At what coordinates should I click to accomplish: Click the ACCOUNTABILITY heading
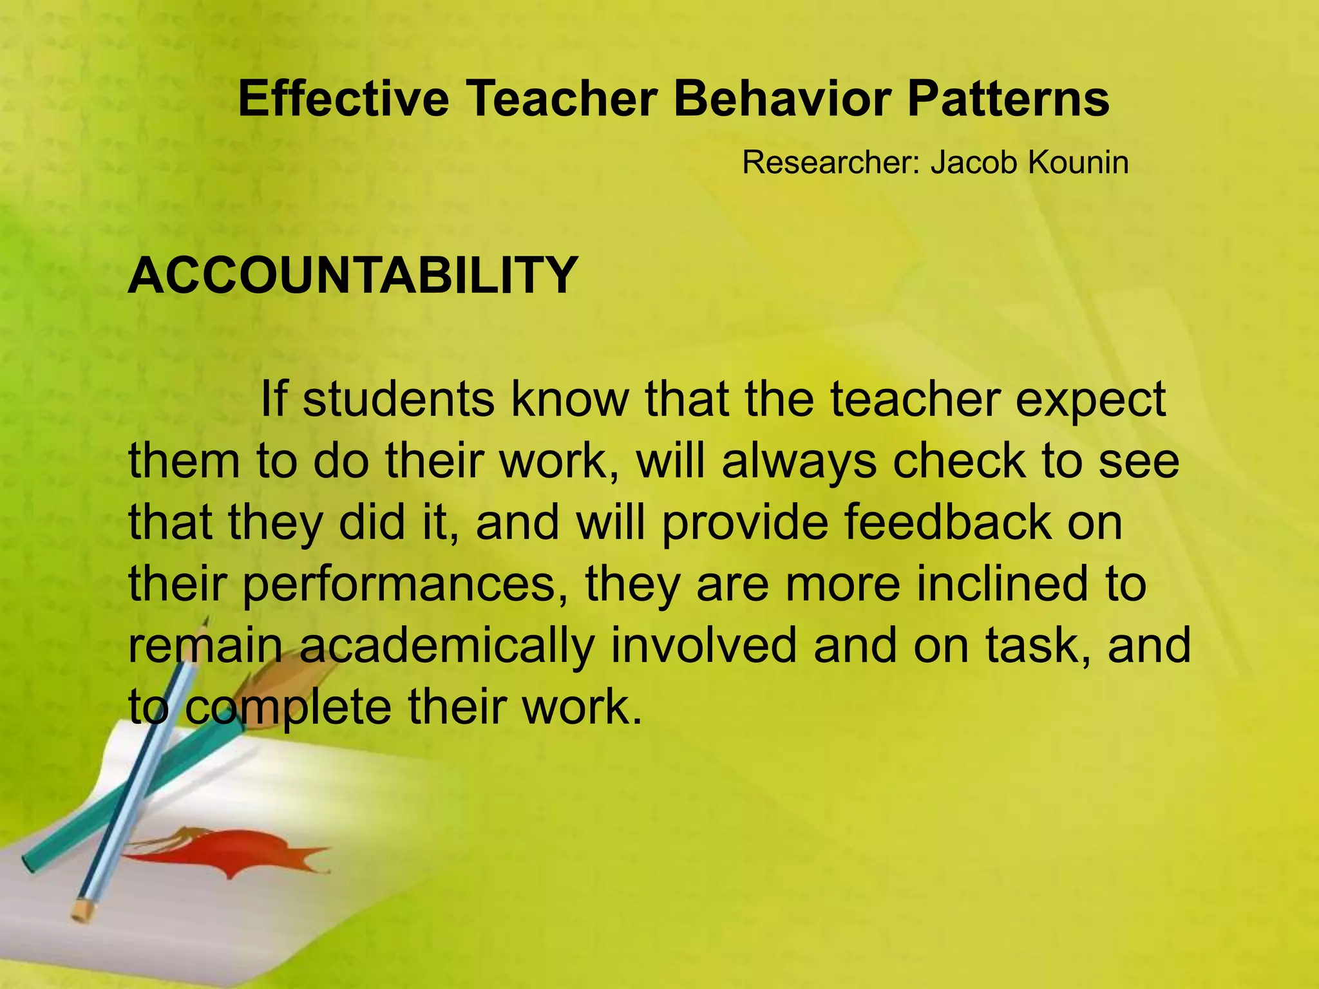pyautogui.click(x=352, y=276)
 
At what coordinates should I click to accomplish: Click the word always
pyautogui.click(x=799, y=462)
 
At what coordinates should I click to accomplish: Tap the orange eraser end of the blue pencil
pyautogui.click(x=82, y=910)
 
